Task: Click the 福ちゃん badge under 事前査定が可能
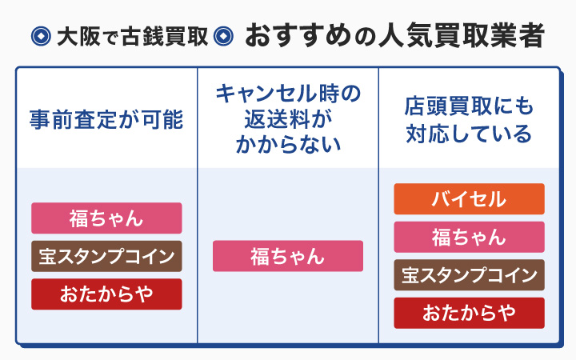click(x=106, y=218)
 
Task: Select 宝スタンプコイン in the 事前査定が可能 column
click(x=106, y=256)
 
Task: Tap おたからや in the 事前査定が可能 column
click(x=106, y=294)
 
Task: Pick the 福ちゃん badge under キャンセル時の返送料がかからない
click(x=287, y=256)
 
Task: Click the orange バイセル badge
click(x=469, y=199)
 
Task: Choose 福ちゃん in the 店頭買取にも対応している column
click(x=469, y=237)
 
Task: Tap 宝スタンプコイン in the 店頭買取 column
click(x=469, y=275)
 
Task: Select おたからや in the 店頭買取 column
click(x=469, y=313)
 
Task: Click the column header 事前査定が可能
click(x=106, y=119)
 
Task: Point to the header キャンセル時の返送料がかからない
click(x=287, y=119)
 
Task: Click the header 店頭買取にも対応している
click(x=469, y=119)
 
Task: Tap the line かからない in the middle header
click(x=288, y=146)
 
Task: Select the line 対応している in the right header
click(x=469, y=133)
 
